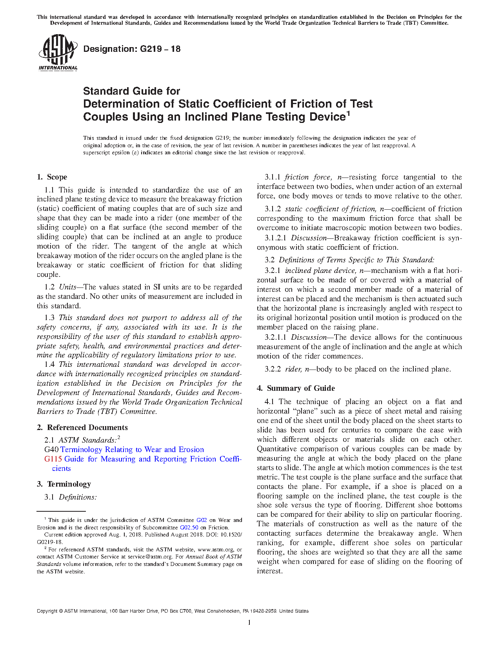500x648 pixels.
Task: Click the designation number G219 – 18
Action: (159, 49)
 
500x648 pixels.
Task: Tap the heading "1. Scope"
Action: (52, 177)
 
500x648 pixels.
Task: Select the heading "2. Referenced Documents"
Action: (82, 428)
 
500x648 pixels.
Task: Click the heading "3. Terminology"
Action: (64, 484)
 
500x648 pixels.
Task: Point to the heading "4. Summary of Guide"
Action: (296, 388)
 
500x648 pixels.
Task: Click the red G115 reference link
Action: (53, 459)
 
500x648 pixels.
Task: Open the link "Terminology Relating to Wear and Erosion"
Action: (132, 450)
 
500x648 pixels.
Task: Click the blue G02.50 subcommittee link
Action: (189, 527)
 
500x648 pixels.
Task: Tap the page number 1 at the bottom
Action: (249, 622)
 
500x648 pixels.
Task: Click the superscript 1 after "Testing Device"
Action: (347, 114)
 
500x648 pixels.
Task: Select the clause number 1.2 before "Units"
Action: (50, 287)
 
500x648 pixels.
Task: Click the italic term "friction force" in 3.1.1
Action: (307, 177)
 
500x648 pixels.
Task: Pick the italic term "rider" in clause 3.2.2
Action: (293, 369)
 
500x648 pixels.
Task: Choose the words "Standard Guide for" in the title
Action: (131, 91)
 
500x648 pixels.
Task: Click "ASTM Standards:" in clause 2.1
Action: (87, 440)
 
